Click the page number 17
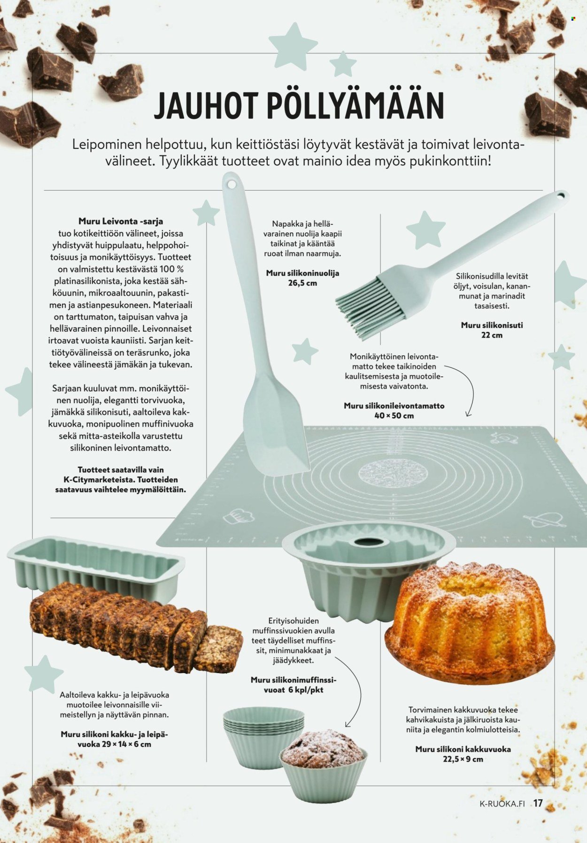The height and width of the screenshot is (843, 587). click(x=538, y=803)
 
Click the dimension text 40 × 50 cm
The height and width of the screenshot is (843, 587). click(x=394, y=415)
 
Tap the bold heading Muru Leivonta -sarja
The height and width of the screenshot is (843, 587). click(x=121, y=221)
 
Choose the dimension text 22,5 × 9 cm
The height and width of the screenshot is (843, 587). click(x=463, y=759)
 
